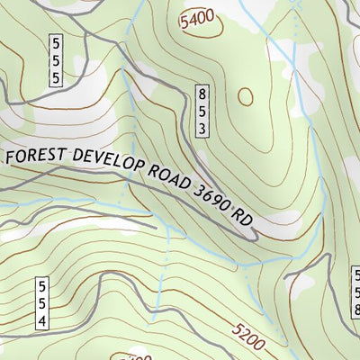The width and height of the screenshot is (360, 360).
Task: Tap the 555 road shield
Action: tap(56, 60)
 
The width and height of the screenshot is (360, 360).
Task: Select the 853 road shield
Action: tap(203, 111)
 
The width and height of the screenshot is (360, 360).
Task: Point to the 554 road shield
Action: tap(41, 303)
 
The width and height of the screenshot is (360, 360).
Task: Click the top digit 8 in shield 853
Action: tap(203, 93)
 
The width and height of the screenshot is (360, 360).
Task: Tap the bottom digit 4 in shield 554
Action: tap(41, 320)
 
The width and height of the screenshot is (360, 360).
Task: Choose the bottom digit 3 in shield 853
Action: tap(203, 129)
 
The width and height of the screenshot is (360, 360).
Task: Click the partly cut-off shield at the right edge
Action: tap(355, 288)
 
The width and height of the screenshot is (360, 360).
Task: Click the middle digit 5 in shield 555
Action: tap(56, 60)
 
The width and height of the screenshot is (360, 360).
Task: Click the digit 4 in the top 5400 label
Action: tap(191, 18)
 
